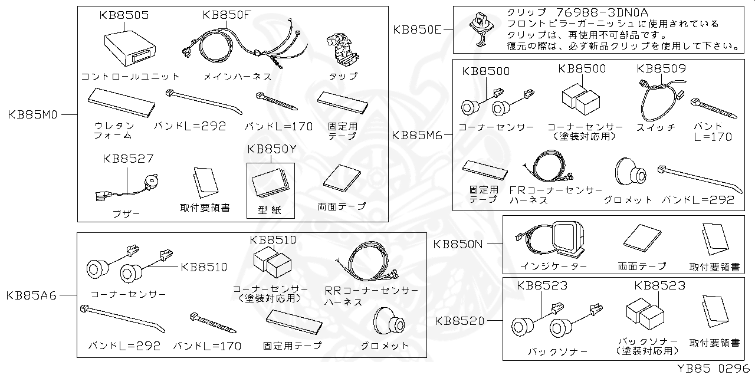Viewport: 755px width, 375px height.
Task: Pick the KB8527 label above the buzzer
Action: tap(128, 159)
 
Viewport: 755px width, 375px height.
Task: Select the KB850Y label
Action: tap(272, 149)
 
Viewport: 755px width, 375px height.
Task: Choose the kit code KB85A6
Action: tap(32, 295)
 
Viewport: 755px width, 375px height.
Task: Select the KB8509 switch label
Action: tap(661, 68)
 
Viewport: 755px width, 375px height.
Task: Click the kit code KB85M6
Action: tap(417, 134)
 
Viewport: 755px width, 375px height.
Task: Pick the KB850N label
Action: tap(459, 243)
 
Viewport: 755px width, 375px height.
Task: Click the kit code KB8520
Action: tap(460, 321)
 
